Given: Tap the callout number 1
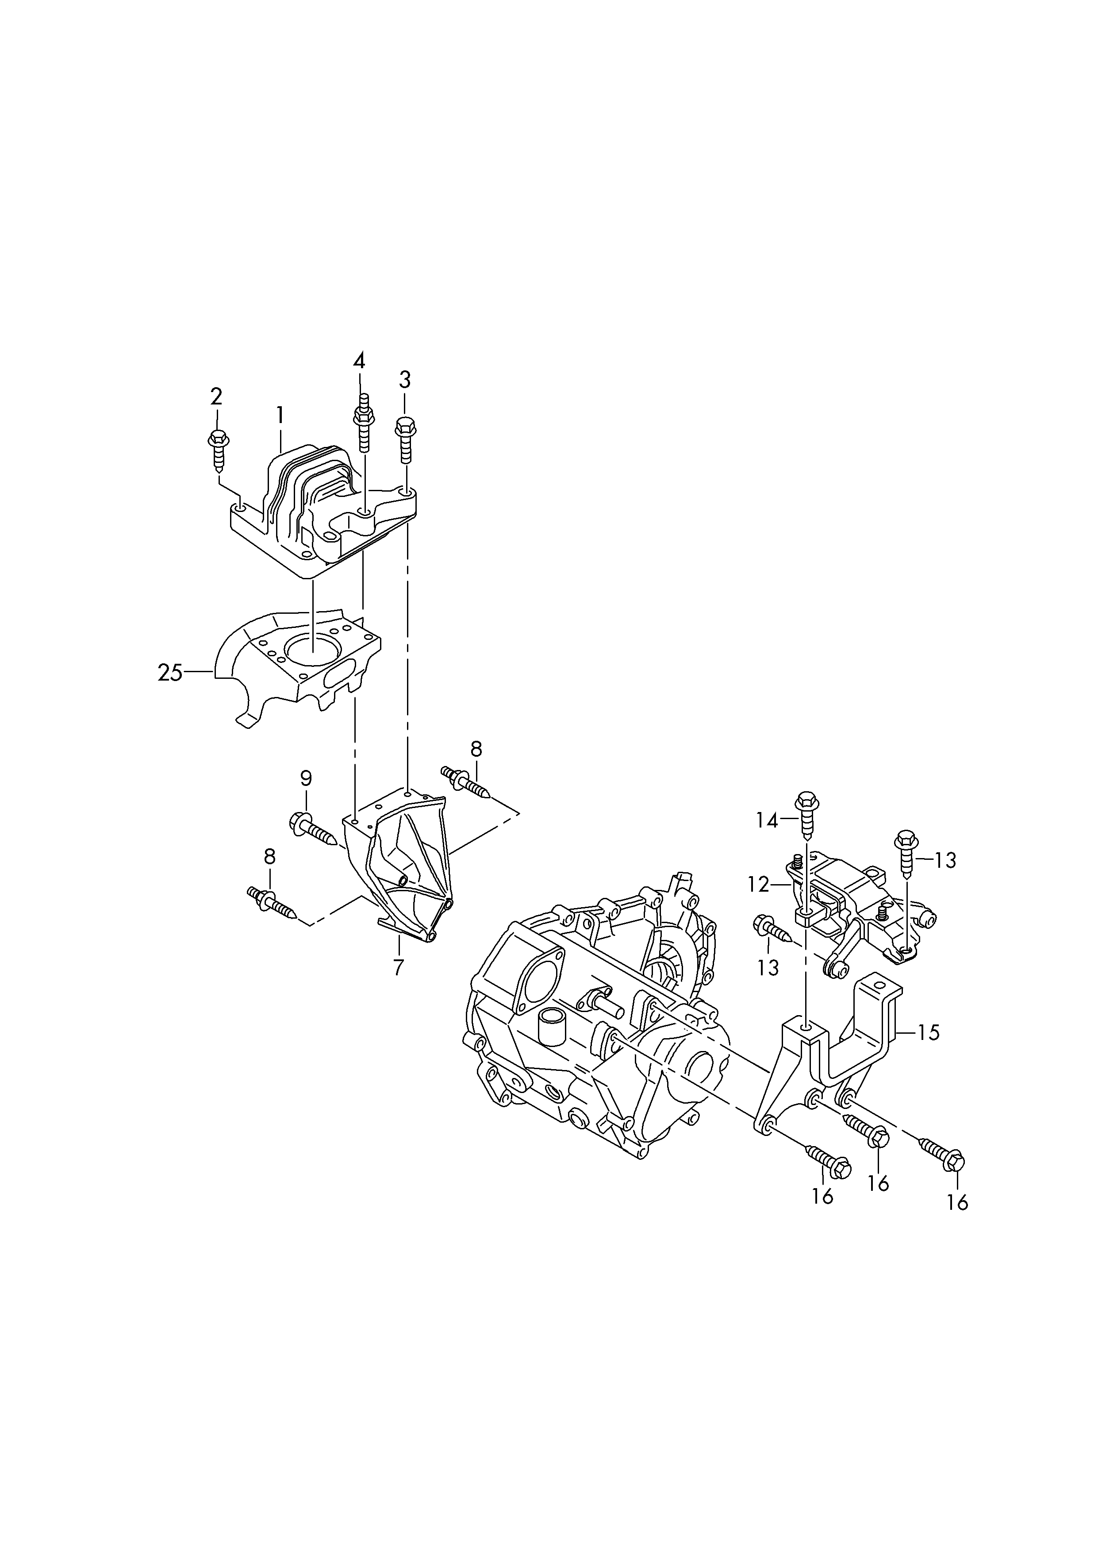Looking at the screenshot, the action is (x=280, y=415).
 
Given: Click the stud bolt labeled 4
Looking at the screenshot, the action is (x=363, y=422).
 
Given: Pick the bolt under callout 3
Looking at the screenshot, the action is (x=405, y=439).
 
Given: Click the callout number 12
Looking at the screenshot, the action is (x=758, y=884).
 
